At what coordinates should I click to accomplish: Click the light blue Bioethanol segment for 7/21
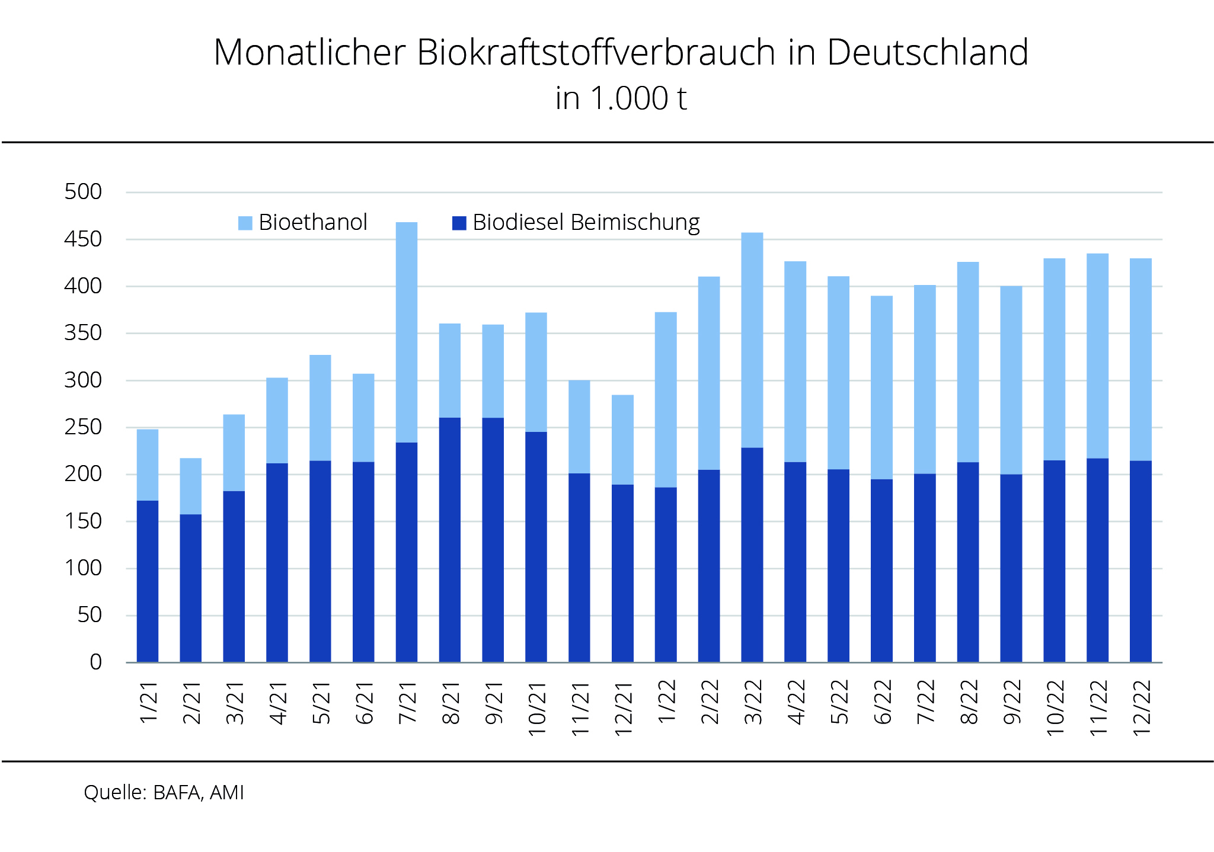(407, 332)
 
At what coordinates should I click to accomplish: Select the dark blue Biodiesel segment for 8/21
(450, 539)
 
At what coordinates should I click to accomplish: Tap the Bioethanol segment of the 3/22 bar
(752, 340)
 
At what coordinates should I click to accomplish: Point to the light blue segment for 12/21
(622, 440)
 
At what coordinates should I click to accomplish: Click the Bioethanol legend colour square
(245, 223)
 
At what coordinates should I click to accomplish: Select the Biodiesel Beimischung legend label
(586, 223)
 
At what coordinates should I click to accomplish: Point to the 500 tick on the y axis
(83, 192)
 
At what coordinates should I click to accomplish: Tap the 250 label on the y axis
(83, 427)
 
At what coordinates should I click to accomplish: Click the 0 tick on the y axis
(95, 662)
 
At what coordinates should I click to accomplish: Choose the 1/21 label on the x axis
(148, 703)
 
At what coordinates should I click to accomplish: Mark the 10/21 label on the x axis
(536, 709)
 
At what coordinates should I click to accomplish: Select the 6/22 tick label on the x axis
(882, 703)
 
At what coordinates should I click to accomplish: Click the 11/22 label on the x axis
(1098, 709)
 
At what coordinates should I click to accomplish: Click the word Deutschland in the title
(927, 52)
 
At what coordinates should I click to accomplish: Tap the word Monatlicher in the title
(309, 52)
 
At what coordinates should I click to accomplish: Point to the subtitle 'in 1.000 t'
(621, 98)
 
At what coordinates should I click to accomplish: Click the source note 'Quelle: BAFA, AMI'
(164, 793)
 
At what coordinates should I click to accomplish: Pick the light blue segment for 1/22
(666, 400)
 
